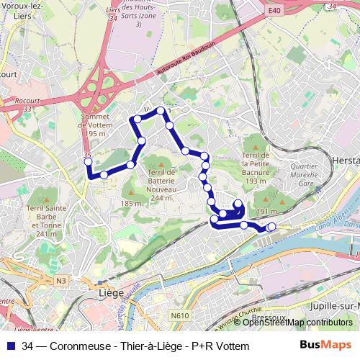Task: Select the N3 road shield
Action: tap(61, 280)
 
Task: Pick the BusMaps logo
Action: tap(326, 346)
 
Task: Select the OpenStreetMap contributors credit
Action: tap(297, 323)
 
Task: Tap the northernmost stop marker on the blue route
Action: tap(161, 112)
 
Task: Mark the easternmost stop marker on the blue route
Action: tap(271, 227)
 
